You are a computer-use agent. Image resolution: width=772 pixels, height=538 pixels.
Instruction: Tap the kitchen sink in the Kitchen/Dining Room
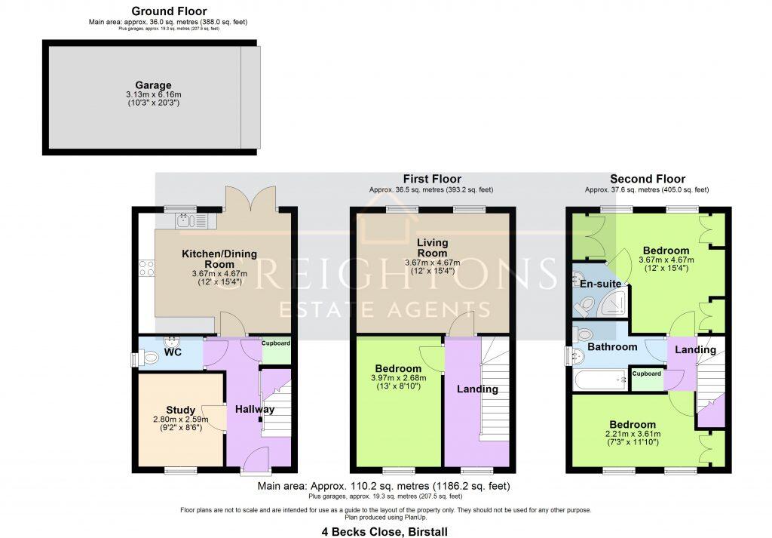tap(186, 220)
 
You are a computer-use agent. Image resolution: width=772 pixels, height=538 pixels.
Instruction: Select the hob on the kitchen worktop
tap(147, 268)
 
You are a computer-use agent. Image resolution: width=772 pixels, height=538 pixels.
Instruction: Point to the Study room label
tap(181, 410)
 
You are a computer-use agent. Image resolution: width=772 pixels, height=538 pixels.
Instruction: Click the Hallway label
tap(254, 409)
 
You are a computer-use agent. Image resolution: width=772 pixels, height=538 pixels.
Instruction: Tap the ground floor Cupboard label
tap(276, 343)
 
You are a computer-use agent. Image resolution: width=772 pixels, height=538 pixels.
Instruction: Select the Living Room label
tap(432, 248)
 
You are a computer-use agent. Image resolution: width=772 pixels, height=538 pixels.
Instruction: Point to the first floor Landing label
tap(477, 389)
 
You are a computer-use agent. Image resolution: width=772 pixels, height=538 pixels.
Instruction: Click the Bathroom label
tap(612, 347)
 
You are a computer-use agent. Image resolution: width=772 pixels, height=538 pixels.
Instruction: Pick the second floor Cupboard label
tap(646, 374)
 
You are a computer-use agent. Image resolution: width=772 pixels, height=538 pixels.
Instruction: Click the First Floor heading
tap(432, 179)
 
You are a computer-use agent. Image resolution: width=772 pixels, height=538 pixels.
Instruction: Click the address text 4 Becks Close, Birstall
tap(385, 530)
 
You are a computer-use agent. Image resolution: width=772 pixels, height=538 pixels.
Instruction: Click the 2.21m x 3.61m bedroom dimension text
tap(633, 434)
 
